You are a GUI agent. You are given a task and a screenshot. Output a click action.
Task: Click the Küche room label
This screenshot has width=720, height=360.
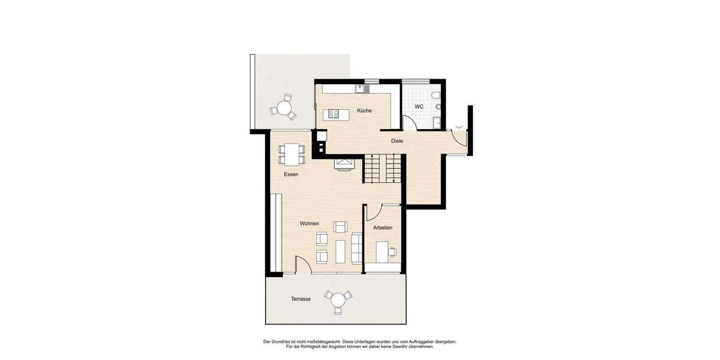pyautogui.click(x=364, y=111)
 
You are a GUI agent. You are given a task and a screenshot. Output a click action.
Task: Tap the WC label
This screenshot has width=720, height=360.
pyautogui.click(x=419, y=107)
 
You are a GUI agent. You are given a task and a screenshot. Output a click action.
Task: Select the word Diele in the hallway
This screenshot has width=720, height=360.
pyautogui.click(x=397, y=141)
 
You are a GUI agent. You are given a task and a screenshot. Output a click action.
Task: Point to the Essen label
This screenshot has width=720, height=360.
pyautogui.click(x=291, y=175)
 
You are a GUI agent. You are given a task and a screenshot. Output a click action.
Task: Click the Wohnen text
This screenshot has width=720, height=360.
pyautogui.click(x=310, y=224)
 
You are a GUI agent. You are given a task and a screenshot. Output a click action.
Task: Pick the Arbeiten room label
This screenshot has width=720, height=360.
pyautogui.click(x=383, y=228)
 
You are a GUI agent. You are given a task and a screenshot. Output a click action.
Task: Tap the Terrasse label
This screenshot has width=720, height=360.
pyautogui.click(x=301, y=299)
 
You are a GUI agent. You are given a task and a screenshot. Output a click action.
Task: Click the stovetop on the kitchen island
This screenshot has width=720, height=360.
pyautogui.click(x=333, y=114)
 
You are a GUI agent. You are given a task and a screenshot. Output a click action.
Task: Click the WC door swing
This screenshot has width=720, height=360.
pyautogui.click(x=409, y=122)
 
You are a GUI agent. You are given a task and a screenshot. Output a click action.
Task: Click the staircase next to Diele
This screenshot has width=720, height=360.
pyautogui.click(x=383, y=169)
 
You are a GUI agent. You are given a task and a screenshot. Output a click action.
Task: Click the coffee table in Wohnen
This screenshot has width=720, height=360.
pyautogui.click(x=341, y=251)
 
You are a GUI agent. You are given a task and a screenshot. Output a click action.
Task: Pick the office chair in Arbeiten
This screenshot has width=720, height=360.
pyautogui.click(x=393, y=251)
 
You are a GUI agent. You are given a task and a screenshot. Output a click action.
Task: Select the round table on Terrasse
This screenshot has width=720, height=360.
pyautogui.click(x=338, y=299)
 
